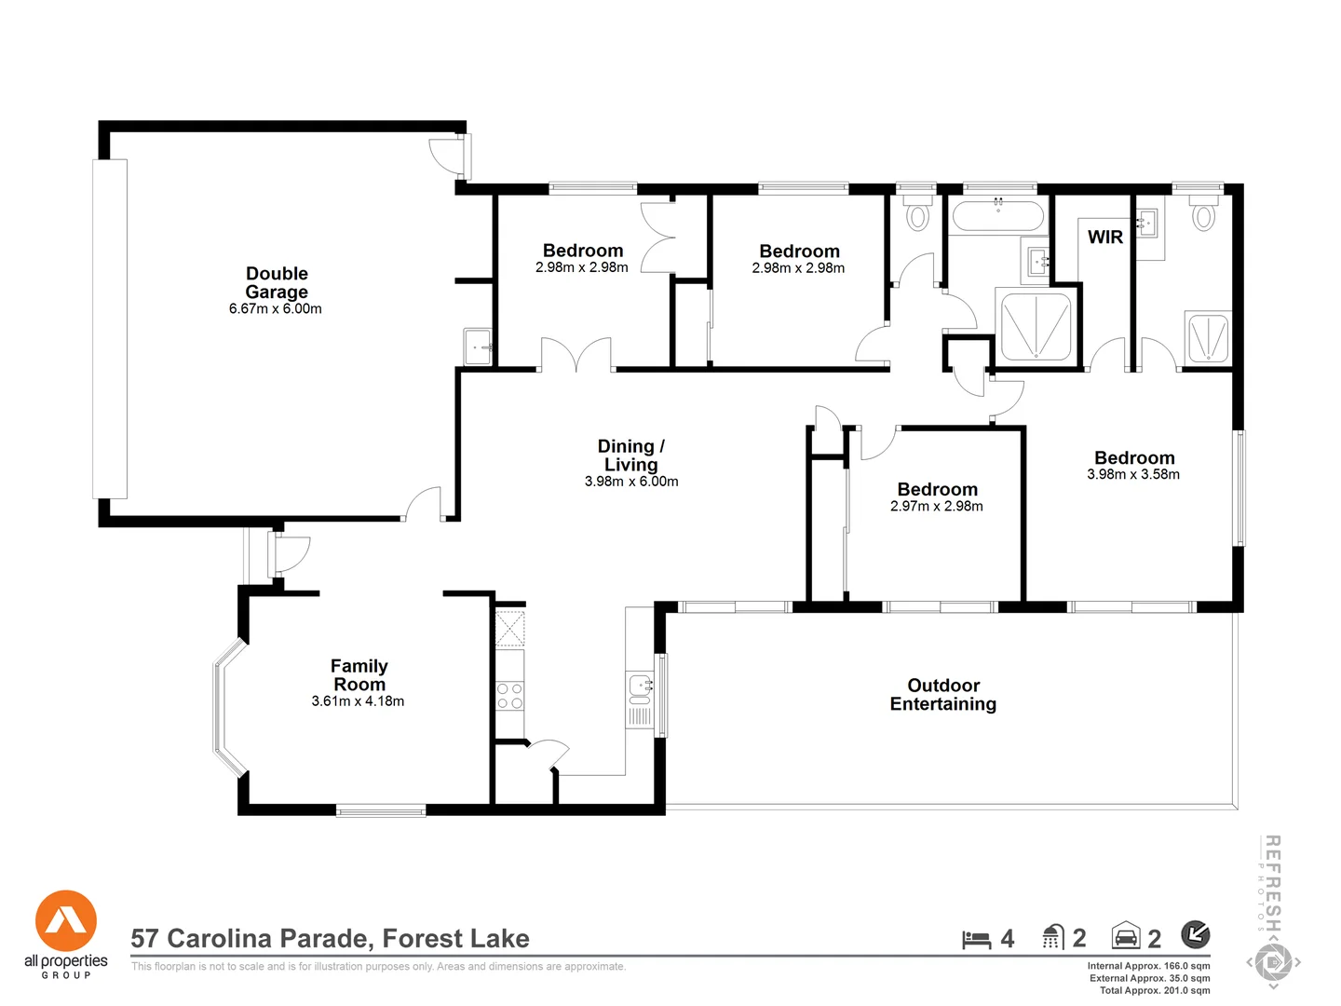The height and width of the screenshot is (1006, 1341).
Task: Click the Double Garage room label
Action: pos(277,282)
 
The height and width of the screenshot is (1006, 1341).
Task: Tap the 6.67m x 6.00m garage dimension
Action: pos(276,309)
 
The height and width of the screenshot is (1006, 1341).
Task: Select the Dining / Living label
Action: pos(630,455)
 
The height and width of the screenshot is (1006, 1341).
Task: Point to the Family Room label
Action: pos(359,675)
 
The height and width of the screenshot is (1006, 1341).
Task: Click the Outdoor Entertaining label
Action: pos(942,695)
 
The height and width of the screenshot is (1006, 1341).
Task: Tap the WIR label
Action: pos(1105,238)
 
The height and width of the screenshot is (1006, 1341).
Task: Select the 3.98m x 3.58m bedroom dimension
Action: pos(1133,475)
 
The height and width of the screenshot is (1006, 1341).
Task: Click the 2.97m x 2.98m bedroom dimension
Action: pos(937,507)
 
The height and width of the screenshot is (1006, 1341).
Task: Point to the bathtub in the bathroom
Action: pos(997,216)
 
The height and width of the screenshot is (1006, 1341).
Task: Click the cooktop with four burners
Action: pos(509,696)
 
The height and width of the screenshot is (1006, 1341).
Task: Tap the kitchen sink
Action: pos(641,687)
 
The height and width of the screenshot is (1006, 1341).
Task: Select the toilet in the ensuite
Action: pos(1204,214)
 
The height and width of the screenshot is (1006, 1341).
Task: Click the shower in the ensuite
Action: pos(1208,338)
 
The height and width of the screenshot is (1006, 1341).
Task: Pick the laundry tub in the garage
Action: pos(478,347)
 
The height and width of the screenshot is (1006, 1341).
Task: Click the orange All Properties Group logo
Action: pos(66,921)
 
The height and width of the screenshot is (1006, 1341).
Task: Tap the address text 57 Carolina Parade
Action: pos(330,939)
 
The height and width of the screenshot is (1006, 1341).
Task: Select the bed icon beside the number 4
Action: pos(976,939)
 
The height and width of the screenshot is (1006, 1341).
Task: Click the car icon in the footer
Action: pos(1126,936)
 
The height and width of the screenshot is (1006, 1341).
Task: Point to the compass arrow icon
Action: pos(1196,933)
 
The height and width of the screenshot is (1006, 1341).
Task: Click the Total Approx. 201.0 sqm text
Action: pos(1155,990)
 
